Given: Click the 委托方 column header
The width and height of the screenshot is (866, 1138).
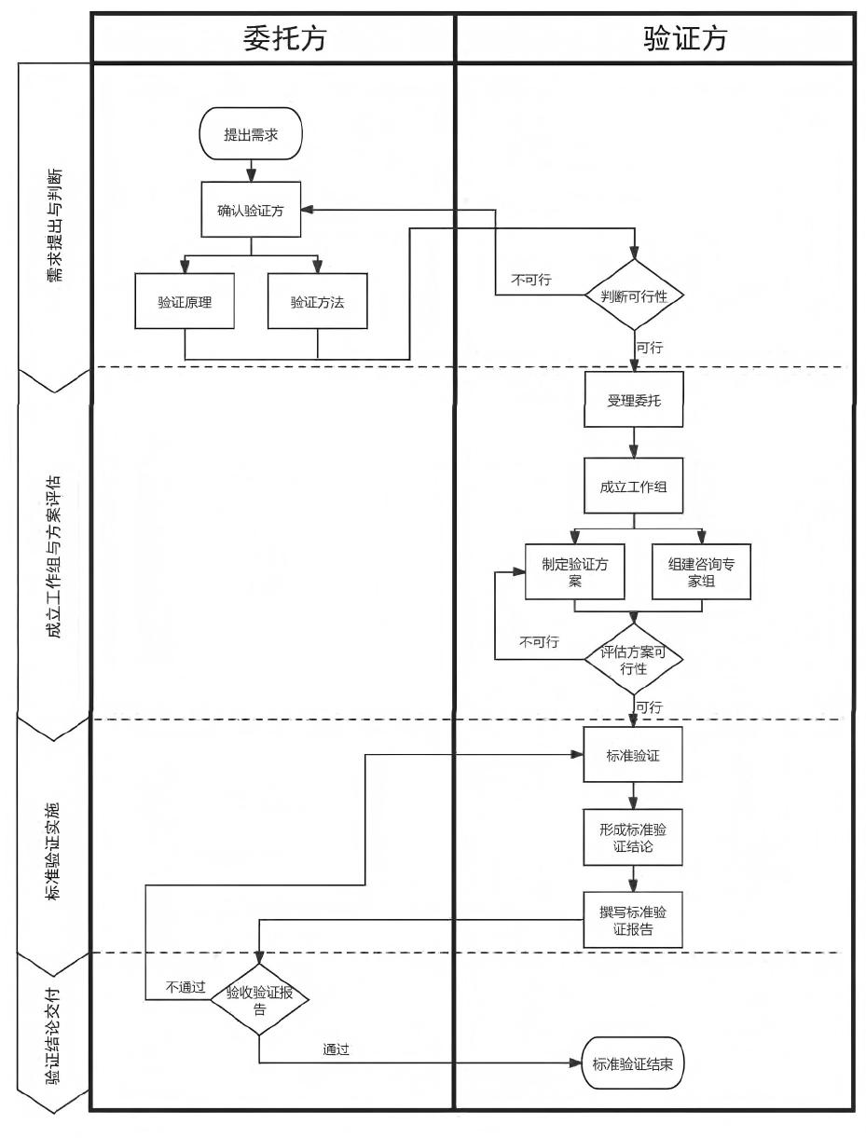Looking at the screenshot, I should click(273, 38).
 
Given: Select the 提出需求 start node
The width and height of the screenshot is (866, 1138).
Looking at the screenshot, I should click(251, 135).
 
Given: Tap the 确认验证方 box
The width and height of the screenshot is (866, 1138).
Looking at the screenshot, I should click(251, 210).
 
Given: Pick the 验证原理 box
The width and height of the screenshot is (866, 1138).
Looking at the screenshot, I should click(184, 301).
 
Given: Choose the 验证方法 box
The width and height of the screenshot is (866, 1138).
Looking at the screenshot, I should click(317, 301).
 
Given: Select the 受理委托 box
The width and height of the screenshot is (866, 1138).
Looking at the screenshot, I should click(634, 400).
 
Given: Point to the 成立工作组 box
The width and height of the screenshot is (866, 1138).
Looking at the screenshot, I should click(634, 485).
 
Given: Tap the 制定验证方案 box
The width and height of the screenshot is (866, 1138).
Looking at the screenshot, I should click(574, 571).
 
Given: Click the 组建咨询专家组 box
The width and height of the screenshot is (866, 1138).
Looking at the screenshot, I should click(701, 571).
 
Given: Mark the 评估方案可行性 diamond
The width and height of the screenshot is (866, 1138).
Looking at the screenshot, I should click(634, 660).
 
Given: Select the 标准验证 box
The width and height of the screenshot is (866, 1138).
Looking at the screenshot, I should click(634, 755).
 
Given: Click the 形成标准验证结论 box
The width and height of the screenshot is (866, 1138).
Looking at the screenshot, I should click(634, 837).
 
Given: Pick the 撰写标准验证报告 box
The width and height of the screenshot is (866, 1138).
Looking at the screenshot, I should click(634, 920).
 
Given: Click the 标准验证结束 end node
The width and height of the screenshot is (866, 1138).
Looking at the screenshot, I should click(633, 1062).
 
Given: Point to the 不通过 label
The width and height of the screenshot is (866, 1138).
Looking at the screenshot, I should click(186, 987).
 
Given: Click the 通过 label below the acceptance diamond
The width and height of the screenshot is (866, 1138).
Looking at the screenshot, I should click(336, 1049).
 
